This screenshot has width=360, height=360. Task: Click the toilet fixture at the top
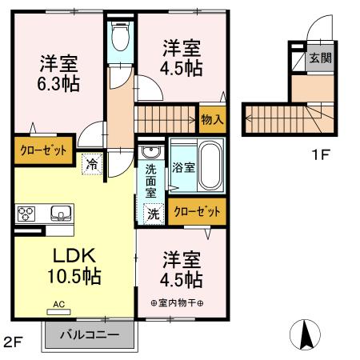coord(121,35)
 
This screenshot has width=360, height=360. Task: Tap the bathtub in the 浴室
coord(210,163)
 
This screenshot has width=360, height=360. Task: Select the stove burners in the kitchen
coord(26,214)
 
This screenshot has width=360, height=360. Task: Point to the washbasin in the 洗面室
coord(149,151)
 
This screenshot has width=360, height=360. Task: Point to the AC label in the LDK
coord(59,304)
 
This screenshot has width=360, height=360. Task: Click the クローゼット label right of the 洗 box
coord(195,211)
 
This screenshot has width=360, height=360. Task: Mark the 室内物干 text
coord(177,302)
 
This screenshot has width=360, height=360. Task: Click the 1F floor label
coord(320,154)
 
